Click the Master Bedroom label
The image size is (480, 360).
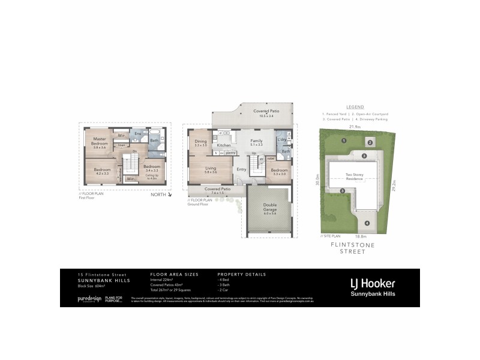coord(100,142)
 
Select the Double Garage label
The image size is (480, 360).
coord(270,208)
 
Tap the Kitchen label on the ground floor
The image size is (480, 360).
coord(224,145)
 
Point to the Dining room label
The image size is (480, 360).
coord(200,142)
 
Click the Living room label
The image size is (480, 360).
coord(210,170)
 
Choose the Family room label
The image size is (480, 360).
coord(256,142)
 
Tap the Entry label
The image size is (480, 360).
coord(241,169)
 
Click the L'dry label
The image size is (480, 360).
coord(282,140)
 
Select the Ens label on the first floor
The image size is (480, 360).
coord(137,133)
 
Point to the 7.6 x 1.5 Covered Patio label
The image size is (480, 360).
coord(217,191)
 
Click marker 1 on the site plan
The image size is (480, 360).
coord(344,140)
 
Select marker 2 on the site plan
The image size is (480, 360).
coord(370,142)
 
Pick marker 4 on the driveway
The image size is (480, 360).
coord(367,224)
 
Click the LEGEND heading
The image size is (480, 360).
coord(355,106)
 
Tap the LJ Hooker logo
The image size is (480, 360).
coord(372,283)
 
